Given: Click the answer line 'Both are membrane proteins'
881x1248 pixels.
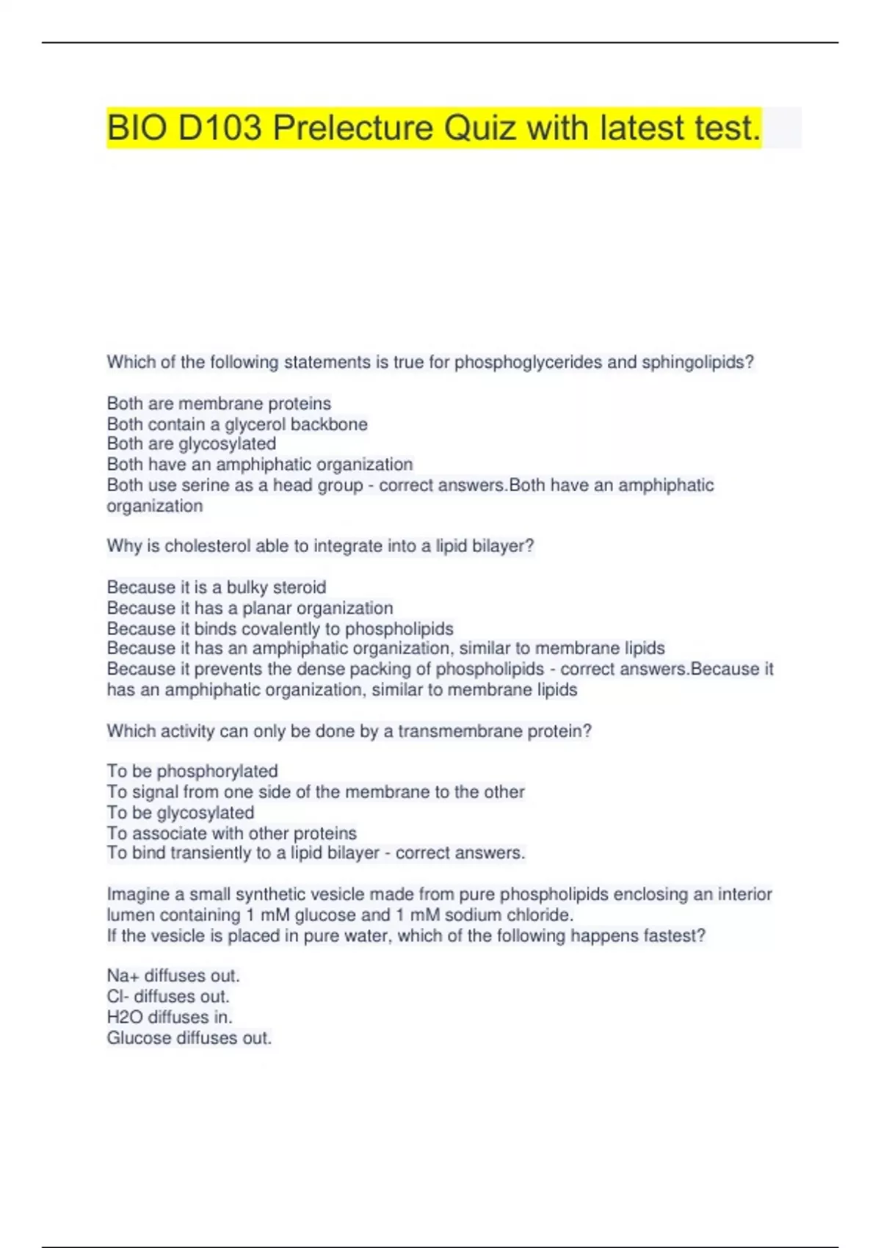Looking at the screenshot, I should [x=219, y=404].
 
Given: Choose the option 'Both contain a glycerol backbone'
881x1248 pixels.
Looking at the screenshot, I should [x=237, y=424].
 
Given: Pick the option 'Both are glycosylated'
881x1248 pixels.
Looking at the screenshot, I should [x=192, y=444].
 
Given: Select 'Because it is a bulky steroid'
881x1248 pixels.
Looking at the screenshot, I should [x=217, y=587].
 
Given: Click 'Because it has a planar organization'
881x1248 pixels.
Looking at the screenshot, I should [x=250, y=608].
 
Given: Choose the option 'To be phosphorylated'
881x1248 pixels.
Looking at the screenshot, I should [x=192, y=772].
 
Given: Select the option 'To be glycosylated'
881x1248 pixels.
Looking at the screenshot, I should [x=181, y=813].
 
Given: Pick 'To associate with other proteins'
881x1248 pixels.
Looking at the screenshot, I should [x=231, y=833].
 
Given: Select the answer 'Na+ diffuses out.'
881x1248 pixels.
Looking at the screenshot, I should [x=173, y=976].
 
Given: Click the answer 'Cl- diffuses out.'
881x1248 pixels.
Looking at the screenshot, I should [x=168, y=997].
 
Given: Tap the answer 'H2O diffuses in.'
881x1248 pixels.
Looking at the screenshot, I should [x=170, y=1017].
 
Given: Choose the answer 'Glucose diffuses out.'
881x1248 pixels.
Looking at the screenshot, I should [x=189, y=1038].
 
